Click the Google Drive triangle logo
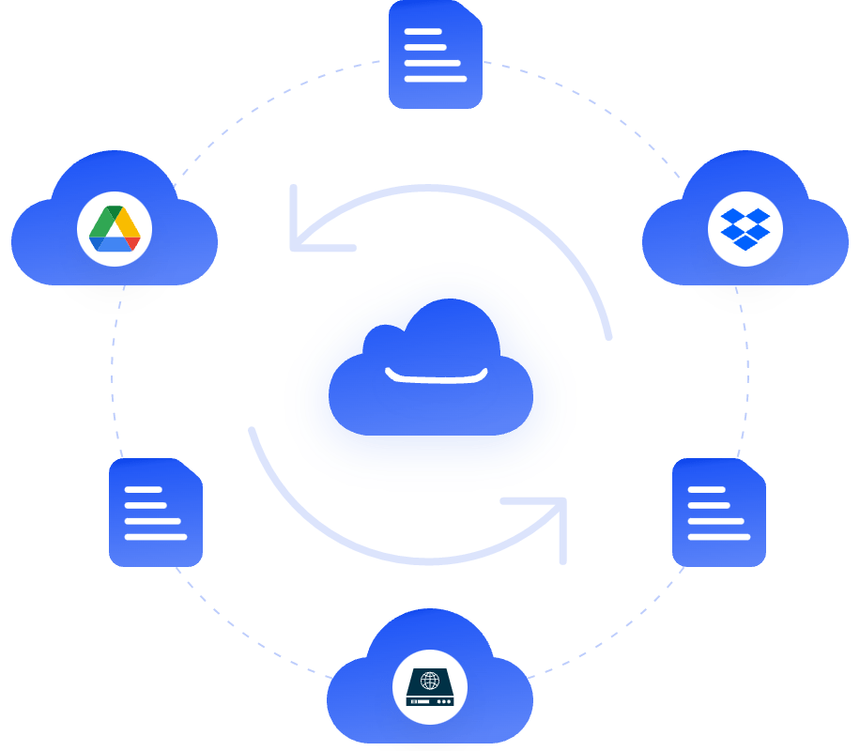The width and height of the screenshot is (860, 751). [115, 229]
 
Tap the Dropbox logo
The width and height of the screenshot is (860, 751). [745, 229]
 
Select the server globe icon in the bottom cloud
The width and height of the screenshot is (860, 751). [430, 681]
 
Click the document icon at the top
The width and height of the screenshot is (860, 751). [435, 54]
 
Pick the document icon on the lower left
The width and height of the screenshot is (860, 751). [155, 513]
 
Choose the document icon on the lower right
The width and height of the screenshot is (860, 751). [718, 513]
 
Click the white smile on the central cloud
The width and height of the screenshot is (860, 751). [437, 376]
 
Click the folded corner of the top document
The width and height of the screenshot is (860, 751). [470, 12]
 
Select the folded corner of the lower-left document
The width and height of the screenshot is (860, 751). [191, 470]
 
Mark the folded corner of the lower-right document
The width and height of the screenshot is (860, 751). [754, 470]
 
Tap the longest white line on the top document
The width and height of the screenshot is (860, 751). [435, 79]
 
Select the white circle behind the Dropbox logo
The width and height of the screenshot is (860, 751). [723, 248]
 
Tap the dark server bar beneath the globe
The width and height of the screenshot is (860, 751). [430, 700]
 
